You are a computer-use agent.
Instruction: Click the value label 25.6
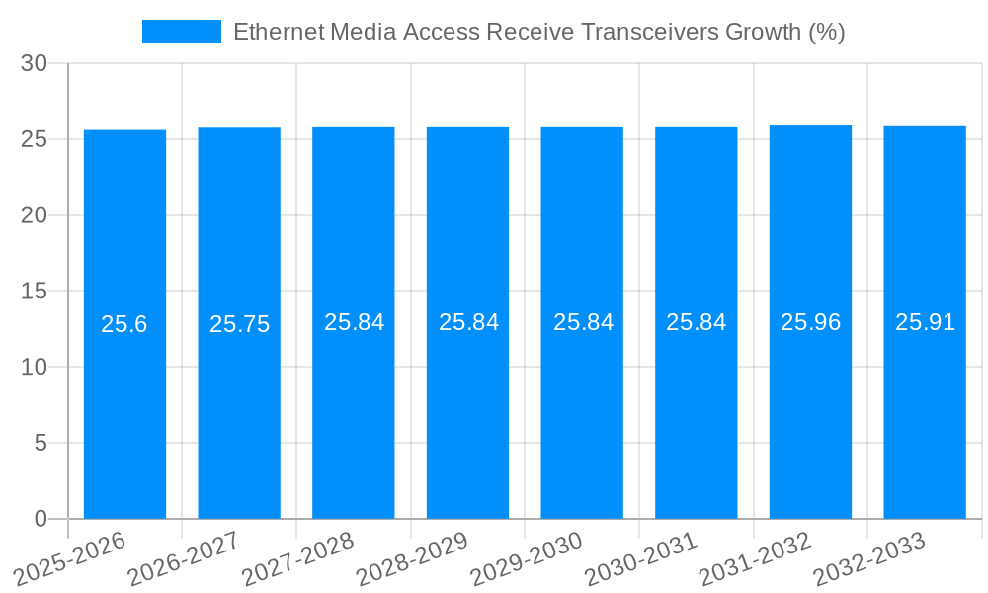click(124, 324)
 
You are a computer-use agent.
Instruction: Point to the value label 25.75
click(239, 324)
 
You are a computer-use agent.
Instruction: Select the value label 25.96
click(810, 322)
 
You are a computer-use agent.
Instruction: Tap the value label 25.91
click(925, 322)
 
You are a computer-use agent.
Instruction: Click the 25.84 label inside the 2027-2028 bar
click(354, 322)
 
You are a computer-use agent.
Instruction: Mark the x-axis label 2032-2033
click(868, 558)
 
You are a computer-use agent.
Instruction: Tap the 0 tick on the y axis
click(41, 519)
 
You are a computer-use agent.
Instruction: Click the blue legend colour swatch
click(182, 32)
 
